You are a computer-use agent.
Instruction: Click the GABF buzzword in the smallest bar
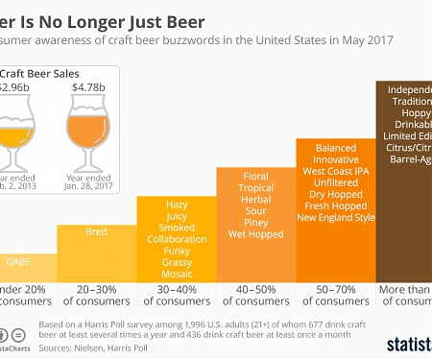click(19, 261)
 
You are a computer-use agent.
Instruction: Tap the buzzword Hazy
click(177, 205)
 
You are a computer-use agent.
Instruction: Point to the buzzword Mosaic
click(177, 274)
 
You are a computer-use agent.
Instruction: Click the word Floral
click(256, 178)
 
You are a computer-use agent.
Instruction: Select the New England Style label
click(336, 219)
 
